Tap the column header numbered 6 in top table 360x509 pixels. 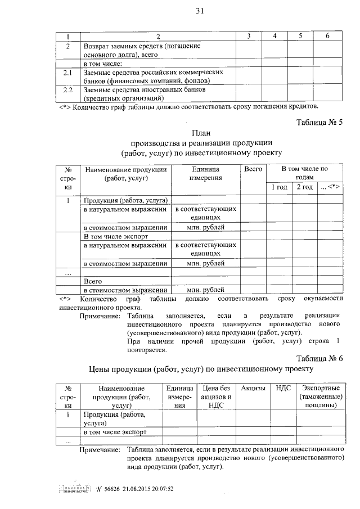327,36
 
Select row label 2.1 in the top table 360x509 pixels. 68,73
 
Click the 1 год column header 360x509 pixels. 278,187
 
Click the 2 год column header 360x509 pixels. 304,187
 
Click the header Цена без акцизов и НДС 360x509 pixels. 216,396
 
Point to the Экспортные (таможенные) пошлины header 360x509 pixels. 321,396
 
